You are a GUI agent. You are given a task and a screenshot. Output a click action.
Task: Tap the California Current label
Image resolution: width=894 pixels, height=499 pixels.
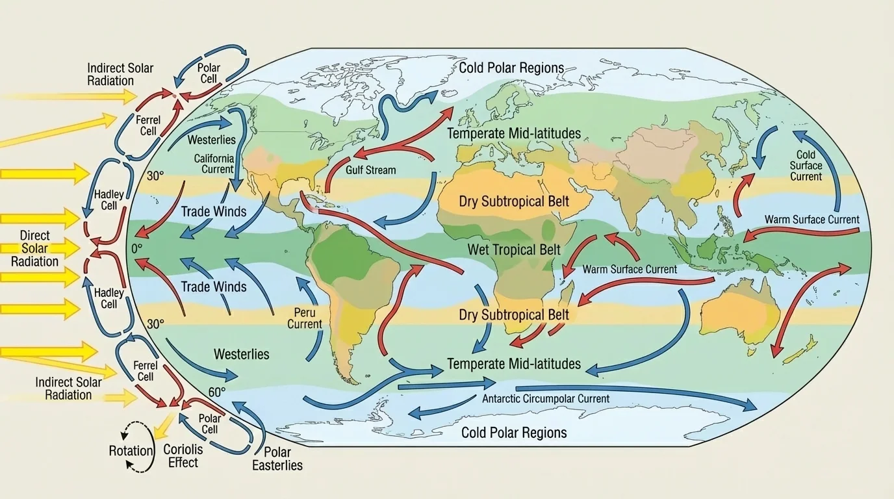(x=214, y=164)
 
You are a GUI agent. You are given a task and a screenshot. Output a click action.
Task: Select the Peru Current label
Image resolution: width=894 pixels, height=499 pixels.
(x=304, y=318)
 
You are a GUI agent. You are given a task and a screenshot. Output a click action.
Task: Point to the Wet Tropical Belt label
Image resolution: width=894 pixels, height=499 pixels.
(x=514, y=250)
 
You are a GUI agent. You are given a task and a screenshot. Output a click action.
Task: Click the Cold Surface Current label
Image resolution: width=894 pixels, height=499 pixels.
(x=806, y=166)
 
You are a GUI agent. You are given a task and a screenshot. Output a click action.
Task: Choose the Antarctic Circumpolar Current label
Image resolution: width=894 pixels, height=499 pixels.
(x=546, y=398)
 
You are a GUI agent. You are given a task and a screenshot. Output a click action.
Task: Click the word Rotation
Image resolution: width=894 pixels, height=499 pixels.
(x=131, y=451)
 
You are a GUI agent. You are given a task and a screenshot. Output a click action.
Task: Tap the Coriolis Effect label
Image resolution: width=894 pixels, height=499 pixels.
(x=183, y=455)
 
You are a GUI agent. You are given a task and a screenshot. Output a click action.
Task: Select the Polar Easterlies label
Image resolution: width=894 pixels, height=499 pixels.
(x=277, y=459)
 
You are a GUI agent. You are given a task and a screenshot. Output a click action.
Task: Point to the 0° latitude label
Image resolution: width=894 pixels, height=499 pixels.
(x=136, y=248)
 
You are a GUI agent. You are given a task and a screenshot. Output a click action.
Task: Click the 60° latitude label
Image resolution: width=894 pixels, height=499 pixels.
(x=217, y=392)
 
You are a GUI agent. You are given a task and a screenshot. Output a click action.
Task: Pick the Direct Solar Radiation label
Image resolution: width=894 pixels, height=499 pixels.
(x=34, y=248)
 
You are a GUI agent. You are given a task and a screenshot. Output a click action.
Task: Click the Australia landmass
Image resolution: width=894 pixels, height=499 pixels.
(x=741, y=312)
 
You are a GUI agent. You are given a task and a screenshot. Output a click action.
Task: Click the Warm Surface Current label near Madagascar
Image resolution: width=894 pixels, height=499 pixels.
(x=630, y=269)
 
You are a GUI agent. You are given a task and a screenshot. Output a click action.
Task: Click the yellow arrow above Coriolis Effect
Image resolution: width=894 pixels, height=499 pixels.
(x=162, y=426)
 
